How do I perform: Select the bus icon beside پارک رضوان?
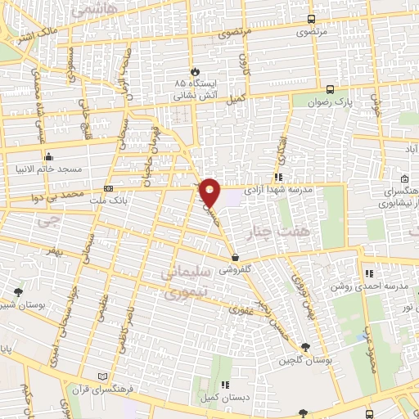coord(329,90)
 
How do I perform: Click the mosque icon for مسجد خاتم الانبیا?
coord(48,156)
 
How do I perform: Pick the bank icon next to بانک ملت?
coord(109,189)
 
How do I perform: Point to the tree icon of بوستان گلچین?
coord(306,347)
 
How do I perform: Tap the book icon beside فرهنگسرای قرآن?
coord(102,376)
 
